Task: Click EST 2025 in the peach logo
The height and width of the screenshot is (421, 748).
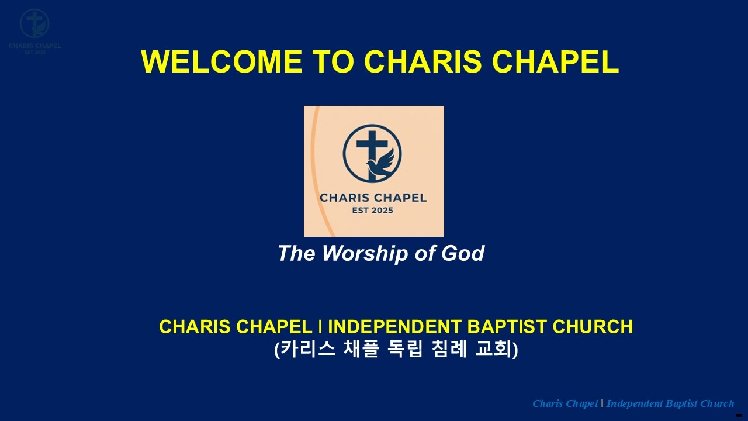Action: (373, 210)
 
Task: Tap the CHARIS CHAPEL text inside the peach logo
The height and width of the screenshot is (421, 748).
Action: (373, 198)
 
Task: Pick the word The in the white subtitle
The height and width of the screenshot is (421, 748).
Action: (296, 254)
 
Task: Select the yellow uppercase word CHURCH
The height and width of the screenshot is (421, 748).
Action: (598, 326)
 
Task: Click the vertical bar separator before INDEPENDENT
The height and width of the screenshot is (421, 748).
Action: (321, 326)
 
